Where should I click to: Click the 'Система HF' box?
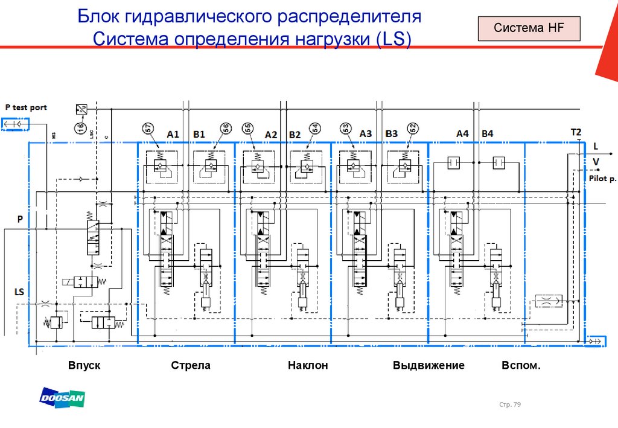[528, 28]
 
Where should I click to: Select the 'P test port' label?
[26, 107]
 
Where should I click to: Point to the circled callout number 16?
[80, 127]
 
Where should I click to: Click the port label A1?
[173, 134]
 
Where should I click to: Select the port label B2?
[295, 134]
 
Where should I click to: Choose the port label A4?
[462, 133]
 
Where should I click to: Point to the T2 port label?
[576, 132]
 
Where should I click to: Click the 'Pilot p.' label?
[602, 179]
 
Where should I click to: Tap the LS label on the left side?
[19, 292]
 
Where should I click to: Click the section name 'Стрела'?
[191, 366]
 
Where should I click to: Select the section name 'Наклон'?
[307, 366]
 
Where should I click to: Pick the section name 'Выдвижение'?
[428, 366]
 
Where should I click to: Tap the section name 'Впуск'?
[84, 366]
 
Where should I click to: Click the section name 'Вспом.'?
[521, 366]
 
